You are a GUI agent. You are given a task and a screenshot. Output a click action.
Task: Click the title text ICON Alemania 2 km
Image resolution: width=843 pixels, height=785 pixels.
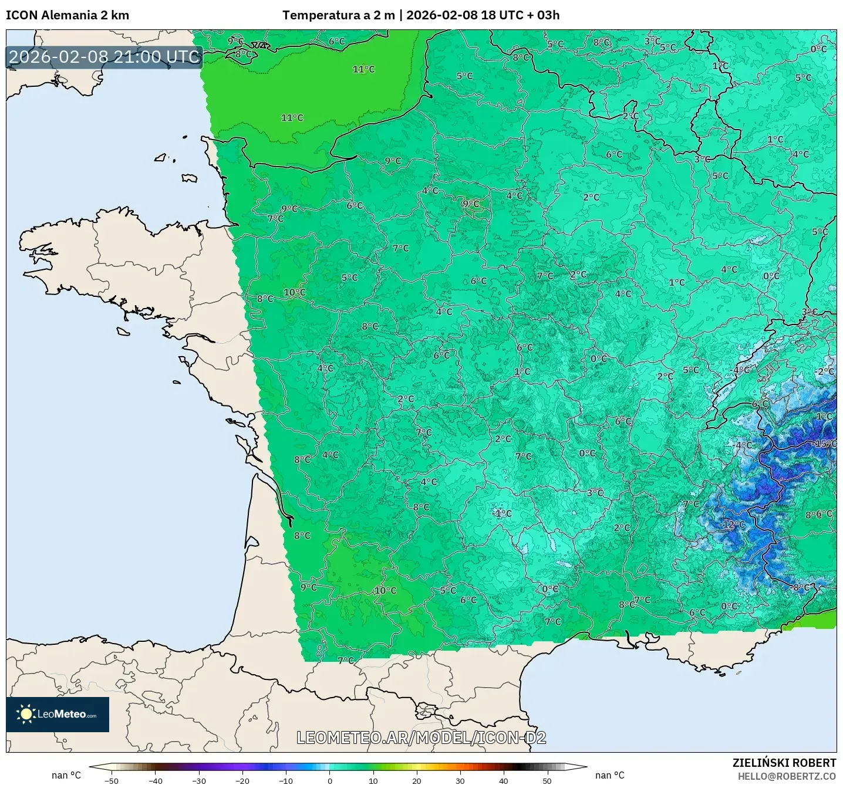tap(68, 15)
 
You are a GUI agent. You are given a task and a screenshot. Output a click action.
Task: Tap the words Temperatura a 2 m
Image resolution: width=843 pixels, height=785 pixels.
tap(339, 15)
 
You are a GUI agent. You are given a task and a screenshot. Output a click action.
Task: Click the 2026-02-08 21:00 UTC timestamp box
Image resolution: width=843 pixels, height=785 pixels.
tap(104, 57)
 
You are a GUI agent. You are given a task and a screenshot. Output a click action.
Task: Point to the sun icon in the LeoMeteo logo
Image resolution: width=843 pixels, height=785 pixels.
tap(26, 714)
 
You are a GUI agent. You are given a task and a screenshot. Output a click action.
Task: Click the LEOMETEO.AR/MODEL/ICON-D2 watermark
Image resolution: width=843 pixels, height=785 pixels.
tap(421, 737)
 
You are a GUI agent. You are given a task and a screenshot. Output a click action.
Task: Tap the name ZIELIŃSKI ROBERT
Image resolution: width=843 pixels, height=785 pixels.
tap(784, 763)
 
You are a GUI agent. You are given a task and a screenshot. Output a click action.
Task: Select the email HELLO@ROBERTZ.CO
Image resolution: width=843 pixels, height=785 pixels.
tap(787, 776)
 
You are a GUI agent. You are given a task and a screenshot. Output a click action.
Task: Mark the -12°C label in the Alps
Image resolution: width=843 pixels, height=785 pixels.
tap(733, 525)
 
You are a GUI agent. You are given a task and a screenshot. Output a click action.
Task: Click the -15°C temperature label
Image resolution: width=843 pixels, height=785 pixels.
tap(825, 444)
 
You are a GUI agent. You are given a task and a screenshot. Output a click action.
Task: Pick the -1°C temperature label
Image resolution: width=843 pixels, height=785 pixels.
tap(502, 513)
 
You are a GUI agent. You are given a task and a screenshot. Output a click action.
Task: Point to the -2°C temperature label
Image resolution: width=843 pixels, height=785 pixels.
tap(824, 371)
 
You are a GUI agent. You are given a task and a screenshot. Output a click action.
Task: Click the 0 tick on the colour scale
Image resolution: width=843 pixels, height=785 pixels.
tap(330, 780)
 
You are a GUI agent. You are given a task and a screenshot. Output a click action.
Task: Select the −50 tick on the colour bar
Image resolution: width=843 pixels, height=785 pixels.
tap(112, 780)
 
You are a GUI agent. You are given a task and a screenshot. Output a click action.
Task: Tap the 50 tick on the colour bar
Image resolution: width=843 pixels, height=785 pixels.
tap(547, 780)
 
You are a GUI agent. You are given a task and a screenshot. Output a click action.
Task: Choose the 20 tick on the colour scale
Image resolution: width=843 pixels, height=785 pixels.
tap(417, 780)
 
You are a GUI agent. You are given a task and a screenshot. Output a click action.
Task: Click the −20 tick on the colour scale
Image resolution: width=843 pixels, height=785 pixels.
tap(242, 780)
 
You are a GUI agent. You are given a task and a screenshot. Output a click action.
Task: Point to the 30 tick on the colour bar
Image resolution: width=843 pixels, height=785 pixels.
tap(460, 780)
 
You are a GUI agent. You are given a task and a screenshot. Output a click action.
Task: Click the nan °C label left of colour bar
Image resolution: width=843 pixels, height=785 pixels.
tap(66, 775)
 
